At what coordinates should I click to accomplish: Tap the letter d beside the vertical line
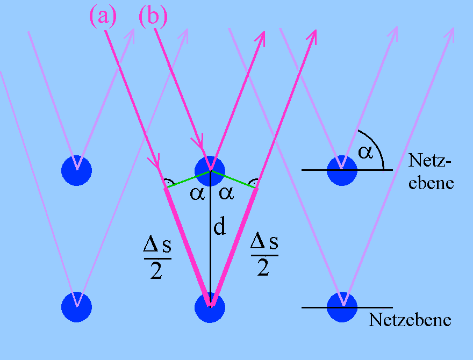tap(219, 228)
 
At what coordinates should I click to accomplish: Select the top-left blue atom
tap(77, 170)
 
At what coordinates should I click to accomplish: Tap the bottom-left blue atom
tap(77, 307)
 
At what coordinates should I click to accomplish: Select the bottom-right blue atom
tap(342, 307)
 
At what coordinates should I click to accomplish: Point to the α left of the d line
tap(196, 193)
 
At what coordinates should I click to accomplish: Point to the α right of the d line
tap(227, 193)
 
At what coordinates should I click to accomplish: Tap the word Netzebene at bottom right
tap(410, 321)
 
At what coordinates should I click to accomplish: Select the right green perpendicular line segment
tap(233, 179)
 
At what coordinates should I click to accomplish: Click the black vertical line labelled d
tap(210, 253)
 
